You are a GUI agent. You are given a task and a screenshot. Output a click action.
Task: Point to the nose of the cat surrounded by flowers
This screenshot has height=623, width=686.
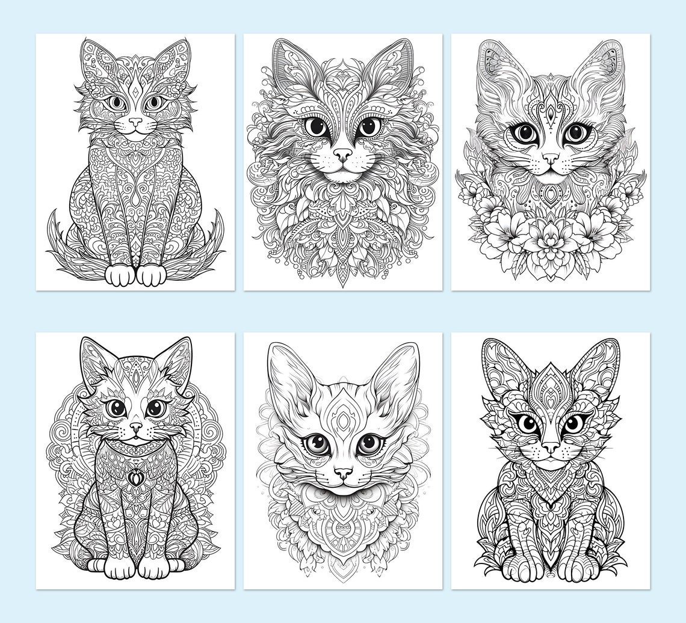(x=550, y=158)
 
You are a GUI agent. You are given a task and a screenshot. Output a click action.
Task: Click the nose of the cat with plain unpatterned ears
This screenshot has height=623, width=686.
(x=343, y=474)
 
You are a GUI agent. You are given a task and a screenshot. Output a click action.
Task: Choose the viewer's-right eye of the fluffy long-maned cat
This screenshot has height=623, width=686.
(x=369, y=127)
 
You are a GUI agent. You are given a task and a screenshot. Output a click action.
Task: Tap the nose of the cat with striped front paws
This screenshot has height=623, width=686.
(x=550, y=447)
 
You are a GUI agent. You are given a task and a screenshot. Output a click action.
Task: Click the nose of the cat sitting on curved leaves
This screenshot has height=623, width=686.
(x=136, y=121)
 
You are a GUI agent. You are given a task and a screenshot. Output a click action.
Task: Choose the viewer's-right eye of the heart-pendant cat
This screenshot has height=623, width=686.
(x=155, y=408)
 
